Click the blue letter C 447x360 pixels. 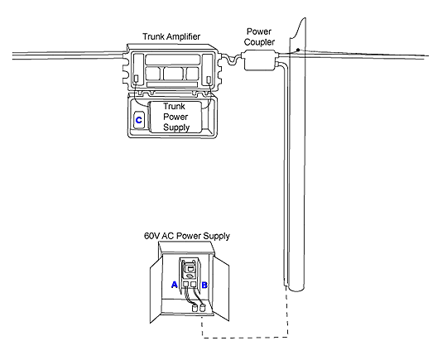(138, 120)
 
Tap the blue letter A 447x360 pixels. (174, 285)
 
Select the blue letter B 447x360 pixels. (204, 285)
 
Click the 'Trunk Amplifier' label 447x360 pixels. (171, 36)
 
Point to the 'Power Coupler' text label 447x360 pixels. (259, 36)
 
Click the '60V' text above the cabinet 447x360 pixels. (152, 236)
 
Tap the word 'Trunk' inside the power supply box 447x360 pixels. (174, 106)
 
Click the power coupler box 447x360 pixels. (259, 60)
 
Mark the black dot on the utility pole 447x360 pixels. (298, 50)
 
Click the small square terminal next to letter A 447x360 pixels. (186, 284)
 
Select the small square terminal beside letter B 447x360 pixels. (193, 284)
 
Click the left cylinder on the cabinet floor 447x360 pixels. (195, 309)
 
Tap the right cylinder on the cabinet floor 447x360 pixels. (203, 308)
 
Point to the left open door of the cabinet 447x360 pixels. (156, 290)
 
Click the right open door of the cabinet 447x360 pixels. (222, 289)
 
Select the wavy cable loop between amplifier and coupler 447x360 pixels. (232, 60)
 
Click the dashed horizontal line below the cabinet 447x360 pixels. (245, 338)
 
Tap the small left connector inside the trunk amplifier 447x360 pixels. (137, 79)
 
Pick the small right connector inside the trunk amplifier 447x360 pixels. (209, 79)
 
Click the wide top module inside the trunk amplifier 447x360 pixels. (173, 60)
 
